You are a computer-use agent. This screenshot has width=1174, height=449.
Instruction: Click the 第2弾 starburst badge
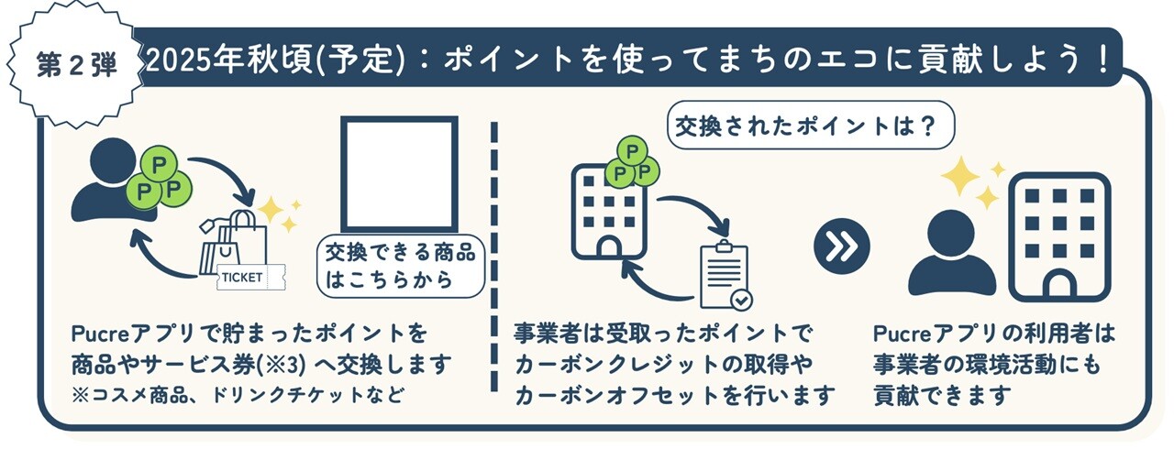[x=76, y=65]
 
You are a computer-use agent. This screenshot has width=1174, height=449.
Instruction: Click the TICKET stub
[x=251, y=278]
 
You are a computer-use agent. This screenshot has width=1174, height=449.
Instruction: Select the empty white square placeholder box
[x=399, y=174]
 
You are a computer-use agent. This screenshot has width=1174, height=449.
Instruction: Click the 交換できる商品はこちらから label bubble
[x=401, y=267]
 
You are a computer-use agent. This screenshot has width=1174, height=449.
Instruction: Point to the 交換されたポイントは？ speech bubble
[x=810, y=126]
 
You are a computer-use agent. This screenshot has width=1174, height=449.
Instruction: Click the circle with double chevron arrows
[x=842, y=246]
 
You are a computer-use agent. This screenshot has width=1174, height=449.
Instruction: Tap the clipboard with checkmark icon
[x=725, y=275]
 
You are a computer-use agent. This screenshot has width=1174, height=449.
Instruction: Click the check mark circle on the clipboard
[x=742, y=300]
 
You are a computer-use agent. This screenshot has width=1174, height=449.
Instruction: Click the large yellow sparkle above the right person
[x=960, y=176]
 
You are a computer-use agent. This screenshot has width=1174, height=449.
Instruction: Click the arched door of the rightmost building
[x=1059, y=286]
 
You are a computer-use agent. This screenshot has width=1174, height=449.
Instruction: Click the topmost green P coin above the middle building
[x=632, y=152]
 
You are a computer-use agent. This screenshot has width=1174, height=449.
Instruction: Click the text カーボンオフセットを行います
[x=674, y=395]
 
